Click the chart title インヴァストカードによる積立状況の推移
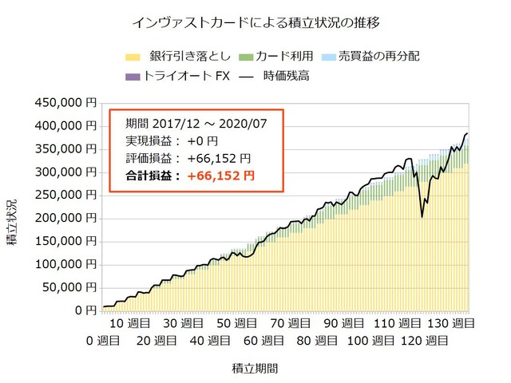click(255, 23)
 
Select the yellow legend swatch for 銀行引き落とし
click(133, 57)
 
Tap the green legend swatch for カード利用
click(246, 57)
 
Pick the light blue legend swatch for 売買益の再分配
click(329, 57)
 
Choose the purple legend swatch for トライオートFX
click(133, 77)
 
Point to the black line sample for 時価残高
click(246, 77)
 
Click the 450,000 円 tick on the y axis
click(65, 103)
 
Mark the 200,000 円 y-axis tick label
click(65, 218)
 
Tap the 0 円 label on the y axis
click(86, 310)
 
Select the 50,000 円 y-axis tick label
click(69, 287)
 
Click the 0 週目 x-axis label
click(103, 341)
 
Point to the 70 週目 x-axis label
click(291, 323)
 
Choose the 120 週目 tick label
click(424, 341)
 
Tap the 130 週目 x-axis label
click(451, 323)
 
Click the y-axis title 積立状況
click(12, 222)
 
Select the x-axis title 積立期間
click(255, 369)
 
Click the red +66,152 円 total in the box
click(221, 176)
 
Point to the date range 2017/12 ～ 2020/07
click(209, 124)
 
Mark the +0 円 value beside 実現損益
click(202, 141)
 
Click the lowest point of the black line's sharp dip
click(422, 217)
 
